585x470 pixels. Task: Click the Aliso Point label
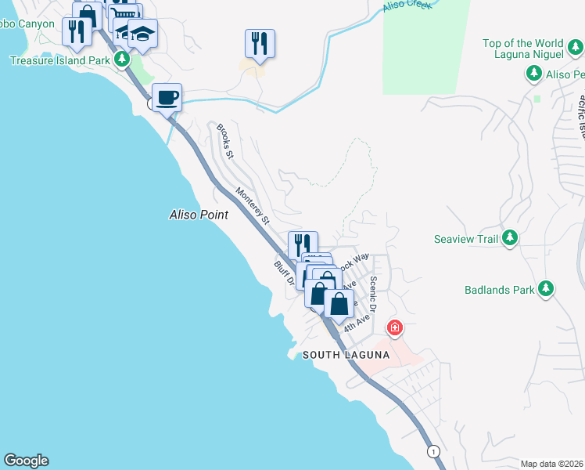point(199,214)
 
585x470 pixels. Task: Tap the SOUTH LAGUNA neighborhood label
point(346,355)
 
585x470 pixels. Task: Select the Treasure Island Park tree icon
point(121,59)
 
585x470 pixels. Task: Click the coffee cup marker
point(167,99)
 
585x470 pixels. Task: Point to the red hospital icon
point(395,327)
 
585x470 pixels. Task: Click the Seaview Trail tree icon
point(510,237)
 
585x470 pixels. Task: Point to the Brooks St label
point(225,140)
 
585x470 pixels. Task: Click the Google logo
point(26,461)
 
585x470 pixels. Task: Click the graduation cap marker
point(142,34)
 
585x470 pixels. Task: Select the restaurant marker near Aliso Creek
point(260,44)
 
